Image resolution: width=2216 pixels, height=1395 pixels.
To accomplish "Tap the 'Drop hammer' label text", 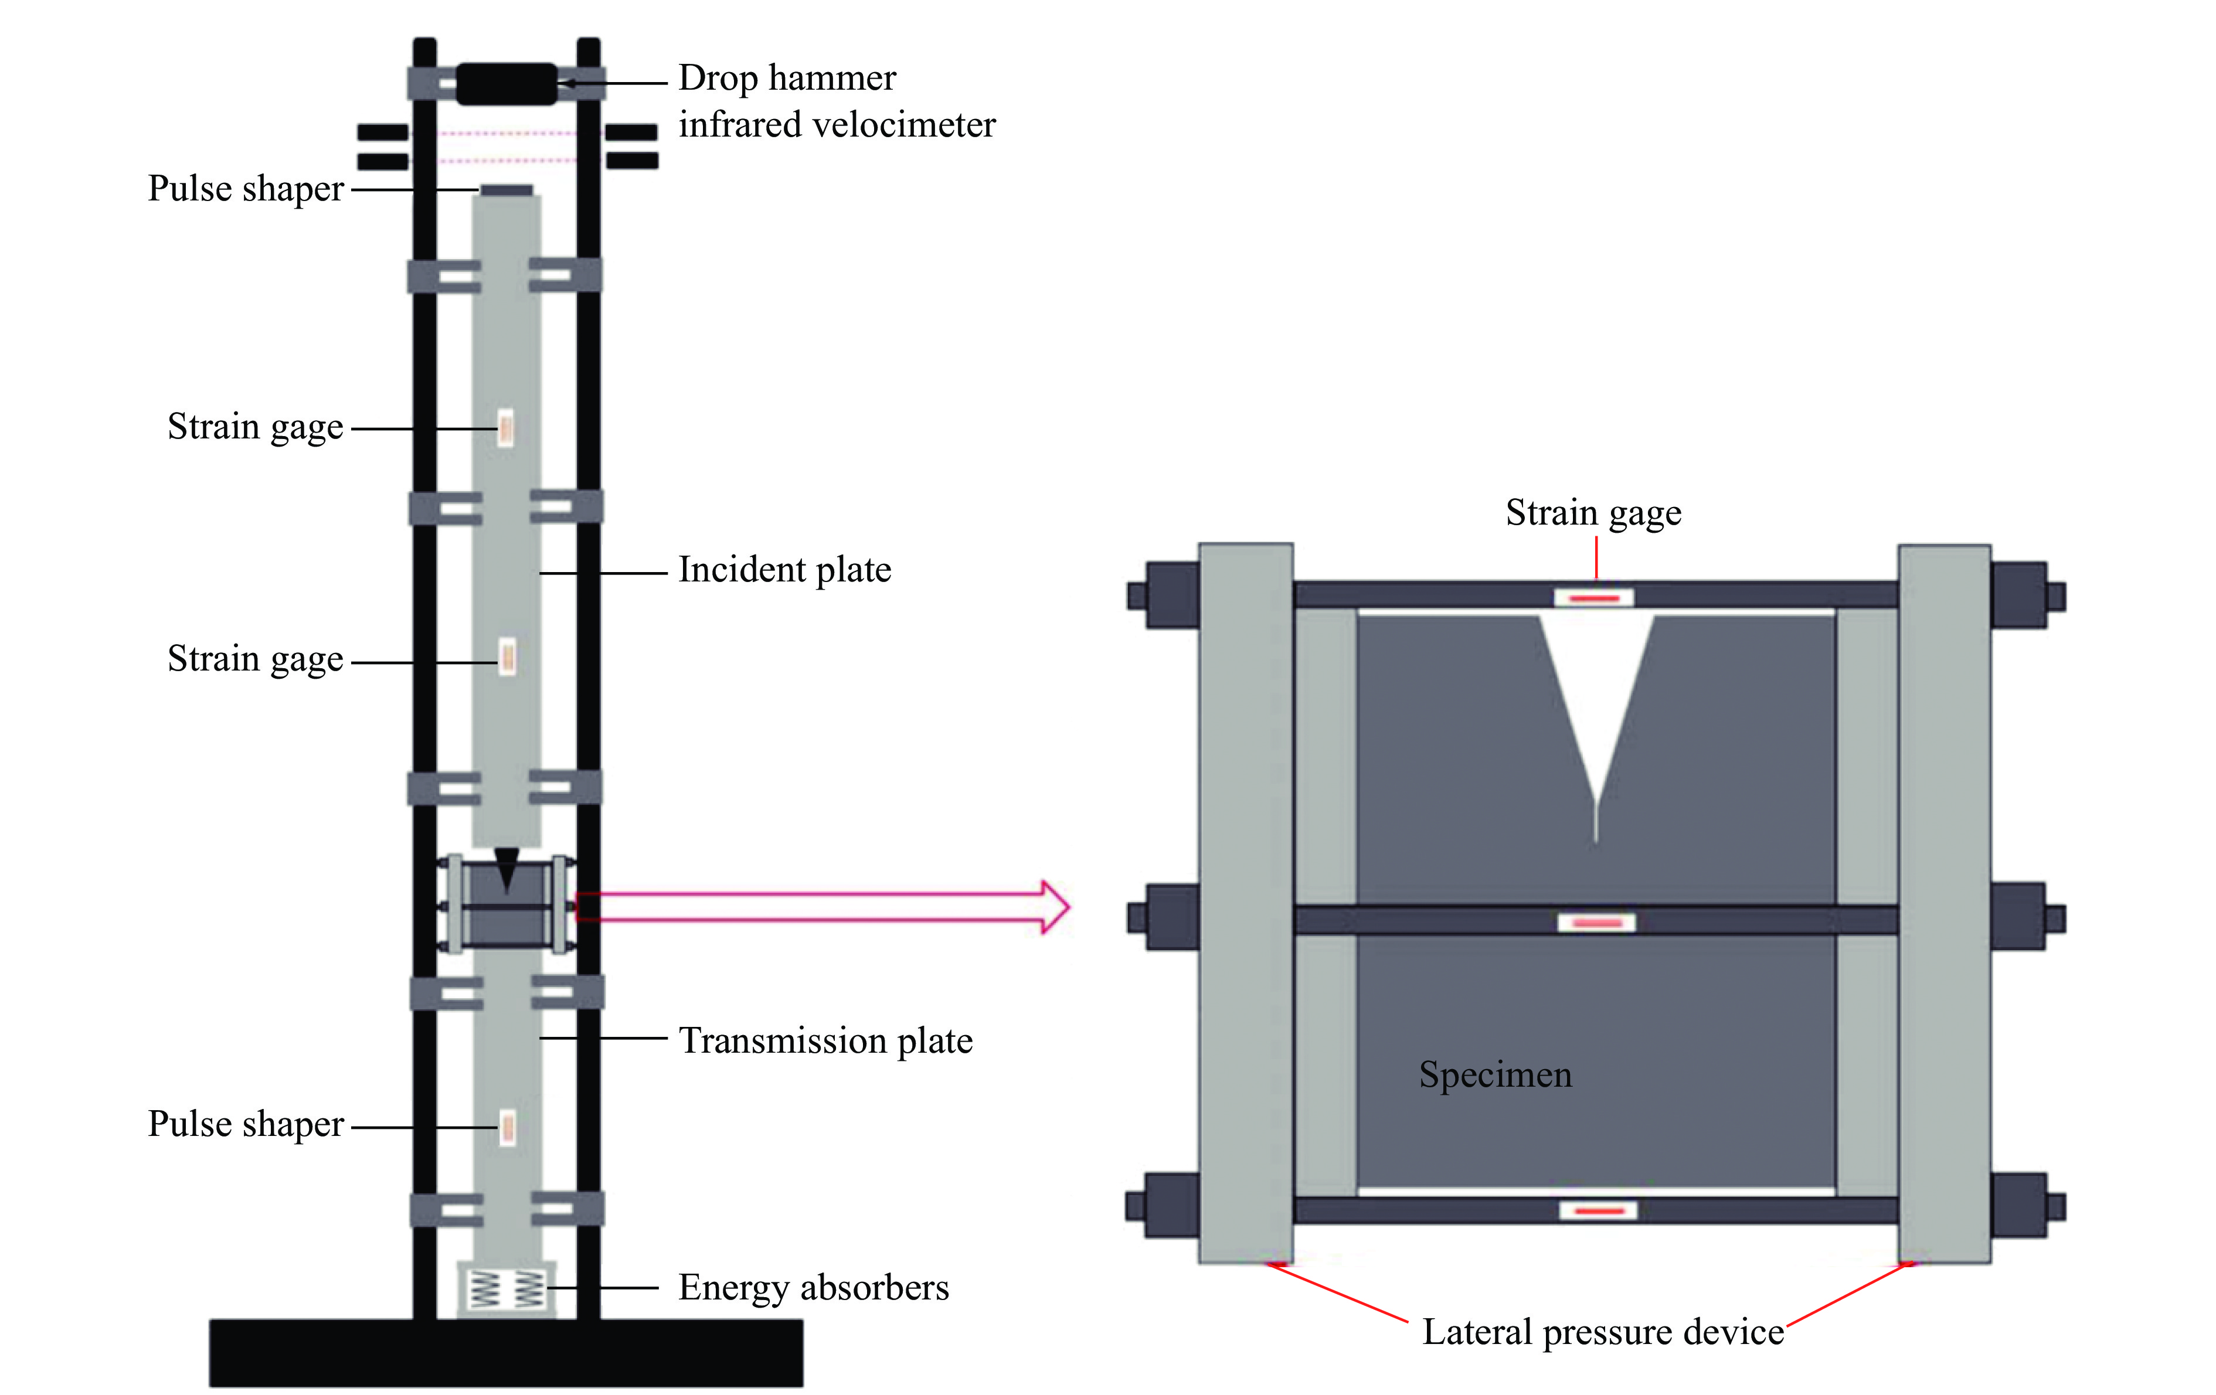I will pos(787,78).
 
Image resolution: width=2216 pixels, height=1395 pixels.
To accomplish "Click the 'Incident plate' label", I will pos(784,570).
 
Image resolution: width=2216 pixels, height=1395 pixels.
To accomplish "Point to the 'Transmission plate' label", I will pos(825,1041).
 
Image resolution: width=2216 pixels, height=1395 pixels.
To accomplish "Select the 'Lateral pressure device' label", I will pos(1603,1332).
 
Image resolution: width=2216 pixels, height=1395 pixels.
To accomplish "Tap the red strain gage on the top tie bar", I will pos(1595,598).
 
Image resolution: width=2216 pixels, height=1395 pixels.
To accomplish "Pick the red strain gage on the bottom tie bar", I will pos(1599,1210).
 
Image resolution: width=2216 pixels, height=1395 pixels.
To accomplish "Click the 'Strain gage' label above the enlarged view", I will pos(1593,512).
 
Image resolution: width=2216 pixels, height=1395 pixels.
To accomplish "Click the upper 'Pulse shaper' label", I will pos(246,189).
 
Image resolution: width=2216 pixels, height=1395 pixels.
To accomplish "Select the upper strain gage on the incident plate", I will pos(506,428).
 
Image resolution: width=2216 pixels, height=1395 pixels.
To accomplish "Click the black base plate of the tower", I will pos(506,1353).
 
